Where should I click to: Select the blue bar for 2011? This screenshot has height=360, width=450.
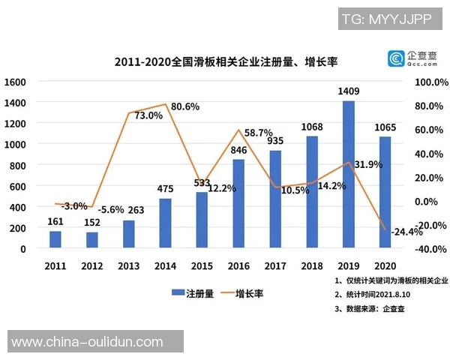coord(55,239)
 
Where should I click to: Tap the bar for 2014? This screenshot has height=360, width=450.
coord(165,223)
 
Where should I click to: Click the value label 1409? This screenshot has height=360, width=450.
coord(348,92)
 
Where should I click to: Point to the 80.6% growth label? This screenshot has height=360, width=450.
coord(184,106)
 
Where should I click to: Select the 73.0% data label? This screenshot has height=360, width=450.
coord(148,115)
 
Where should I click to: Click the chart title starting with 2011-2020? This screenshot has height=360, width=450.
coord(232,60)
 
